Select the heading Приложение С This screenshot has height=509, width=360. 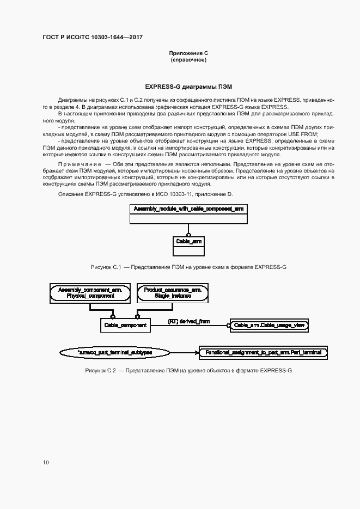(x=188, y=53)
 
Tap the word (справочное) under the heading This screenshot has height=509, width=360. (x=188, y=60)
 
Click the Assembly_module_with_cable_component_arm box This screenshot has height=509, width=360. (x=188, y=208)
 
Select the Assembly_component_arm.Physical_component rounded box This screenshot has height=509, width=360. (x=90, y=293)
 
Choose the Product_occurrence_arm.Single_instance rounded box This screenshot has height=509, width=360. (x=173, y=293)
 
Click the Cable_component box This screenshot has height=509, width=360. (x=125, y=326)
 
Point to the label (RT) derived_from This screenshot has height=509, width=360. (x=188, y=322)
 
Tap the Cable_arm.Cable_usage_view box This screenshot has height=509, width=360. (x=270, y=326)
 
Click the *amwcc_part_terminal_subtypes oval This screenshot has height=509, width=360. (x=115, y=353)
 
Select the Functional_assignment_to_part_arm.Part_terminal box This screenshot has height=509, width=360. (x=263, y=353)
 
